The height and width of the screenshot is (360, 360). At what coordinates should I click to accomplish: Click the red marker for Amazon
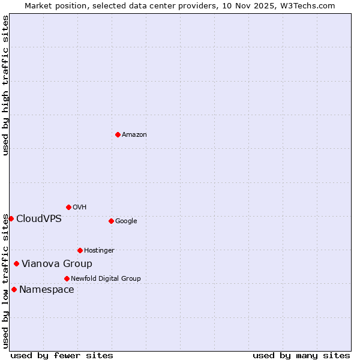[118, 134]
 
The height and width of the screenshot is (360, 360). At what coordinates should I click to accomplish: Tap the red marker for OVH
[68, 207]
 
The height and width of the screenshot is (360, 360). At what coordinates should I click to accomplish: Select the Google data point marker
[111, 221]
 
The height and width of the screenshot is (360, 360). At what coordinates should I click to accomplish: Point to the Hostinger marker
[80, 250]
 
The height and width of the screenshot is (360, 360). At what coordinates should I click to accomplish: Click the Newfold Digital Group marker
[67, 278]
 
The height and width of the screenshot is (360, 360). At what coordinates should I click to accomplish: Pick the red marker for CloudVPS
[11, 218]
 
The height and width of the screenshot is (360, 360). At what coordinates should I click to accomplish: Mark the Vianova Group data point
[16, 263]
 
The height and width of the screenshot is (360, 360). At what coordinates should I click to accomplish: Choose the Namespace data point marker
[14, 289]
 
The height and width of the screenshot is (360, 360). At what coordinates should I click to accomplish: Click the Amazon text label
[134, 135]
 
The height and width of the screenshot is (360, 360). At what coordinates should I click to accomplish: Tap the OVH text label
[80, 208]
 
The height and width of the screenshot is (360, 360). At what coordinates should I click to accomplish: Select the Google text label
[126, 221]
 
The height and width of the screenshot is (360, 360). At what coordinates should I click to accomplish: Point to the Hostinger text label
[99, 251]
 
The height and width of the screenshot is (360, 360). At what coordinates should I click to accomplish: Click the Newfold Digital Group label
[106, 279]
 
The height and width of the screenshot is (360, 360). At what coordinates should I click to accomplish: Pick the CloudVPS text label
[39, 218]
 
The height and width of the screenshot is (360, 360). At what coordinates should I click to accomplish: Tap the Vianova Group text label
[57, 264]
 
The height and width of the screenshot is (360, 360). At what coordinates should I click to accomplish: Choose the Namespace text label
[47, 290]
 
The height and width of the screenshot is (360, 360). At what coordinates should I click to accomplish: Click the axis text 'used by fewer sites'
[62, 355]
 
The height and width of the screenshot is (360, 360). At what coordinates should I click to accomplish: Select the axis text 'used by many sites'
[301, 355]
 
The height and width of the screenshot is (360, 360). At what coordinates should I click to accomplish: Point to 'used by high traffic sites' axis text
[5, 85]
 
